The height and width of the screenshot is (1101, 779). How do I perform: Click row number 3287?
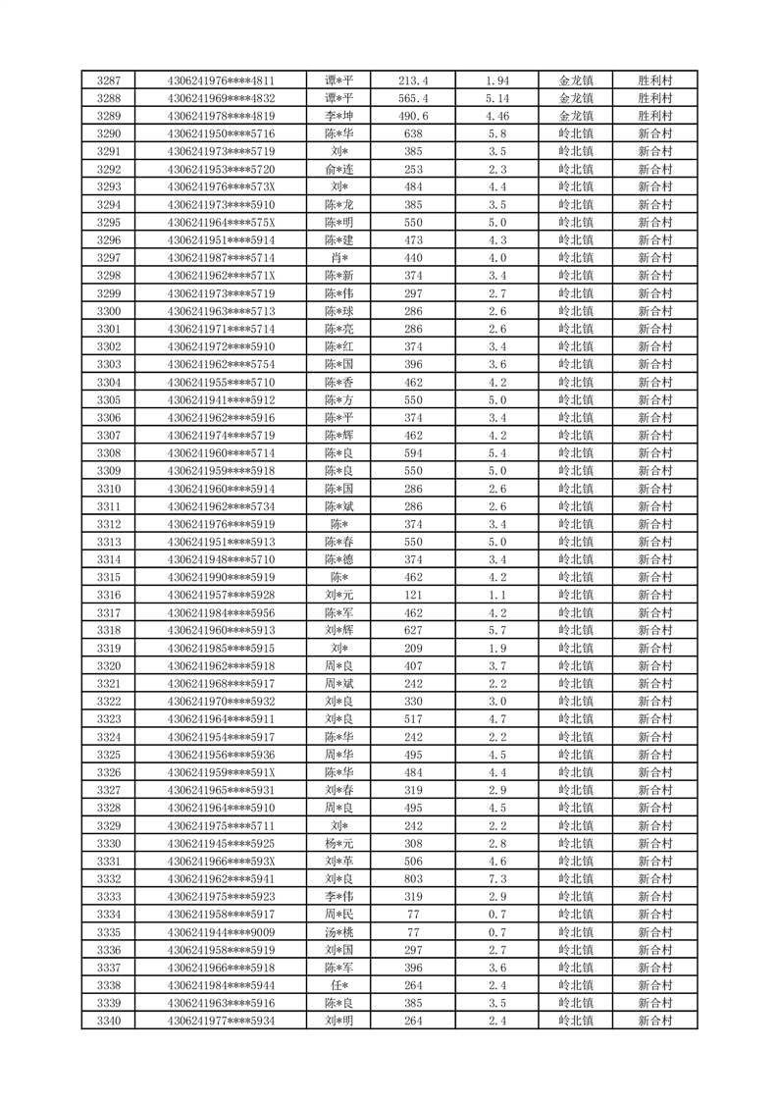(109, 80)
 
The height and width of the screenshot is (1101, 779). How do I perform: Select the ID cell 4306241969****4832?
(221, 98)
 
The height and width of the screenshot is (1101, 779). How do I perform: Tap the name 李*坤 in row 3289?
(339, 116)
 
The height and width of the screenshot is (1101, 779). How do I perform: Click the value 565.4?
(413, 98)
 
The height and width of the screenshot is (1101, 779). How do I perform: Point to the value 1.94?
(497, 80)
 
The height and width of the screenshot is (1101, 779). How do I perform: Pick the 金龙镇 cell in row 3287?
(576, 80)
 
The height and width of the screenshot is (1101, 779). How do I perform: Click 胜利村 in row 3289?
(654, 116)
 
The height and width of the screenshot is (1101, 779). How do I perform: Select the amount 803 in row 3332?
(413, 878)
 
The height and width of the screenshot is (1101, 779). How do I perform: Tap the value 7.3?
(497, 878)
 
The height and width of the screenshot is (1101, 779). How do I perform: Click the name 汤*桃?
(339, 931)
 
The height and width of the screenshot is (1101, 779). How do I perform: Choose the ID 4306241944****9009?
(221, 931)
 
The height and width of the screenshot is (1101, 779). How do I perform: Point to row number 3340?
(109, 1020)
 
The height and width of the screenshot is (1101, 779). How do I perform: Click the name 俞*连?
(339, 169)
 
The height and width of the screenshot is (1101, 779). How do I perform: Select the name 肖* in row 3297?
(339, 257)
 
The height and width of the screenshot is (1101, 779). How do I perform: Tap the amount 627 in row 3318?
(413, 630)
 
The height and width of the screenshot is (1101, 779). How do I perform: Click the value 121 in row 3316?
(413, 595)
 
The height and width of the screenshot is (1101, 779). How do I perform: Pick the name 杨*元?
(339, 843)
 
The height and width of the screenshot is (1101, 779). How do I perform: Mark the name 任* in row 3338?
(339, 984)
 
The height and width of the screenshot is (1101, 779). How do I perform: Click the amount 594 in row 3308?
(413, 452)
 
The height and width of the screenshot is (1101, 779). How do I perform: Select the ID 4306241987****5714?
(221, 257)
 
